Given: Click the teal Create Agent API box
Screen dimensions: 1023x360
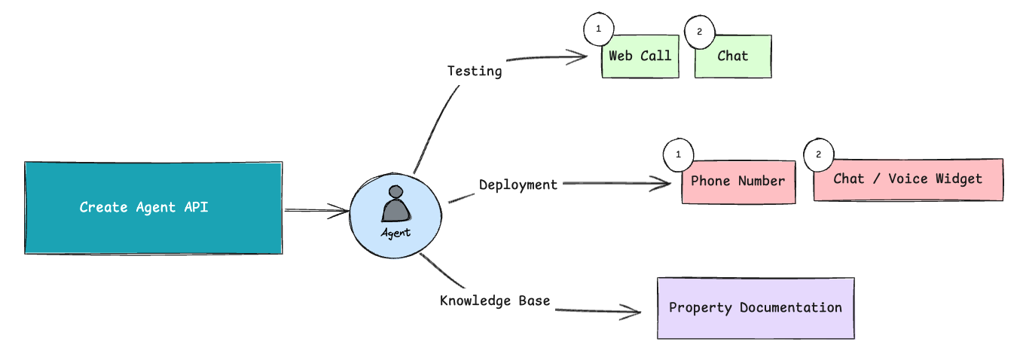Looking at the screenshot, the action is (x=154, y=208).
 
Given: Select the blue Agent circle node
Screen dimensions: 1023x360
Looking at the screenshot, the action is (x=395, y=215).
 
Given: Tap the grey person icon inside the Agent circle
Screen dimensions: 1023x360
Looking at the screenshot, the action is (x=396, y=204).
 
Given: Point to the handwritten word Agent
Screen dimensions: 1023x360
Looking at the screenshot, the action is (x=396, y=233).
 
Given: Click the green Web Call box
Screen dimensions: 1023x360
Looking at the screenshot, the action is (x=640, y=56).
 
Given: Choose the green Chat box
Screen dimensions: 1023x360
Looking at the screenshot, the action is (x=733, y=56).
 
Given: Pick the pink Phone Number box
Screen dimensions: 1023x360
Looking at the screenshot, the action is (x=738, y=182).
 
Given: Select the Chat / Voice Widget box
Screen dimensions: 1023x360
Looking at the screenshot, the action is (x=908, y=179).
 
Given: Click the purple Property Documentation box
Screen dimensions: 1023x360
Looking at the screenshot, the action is (x=756, y=308).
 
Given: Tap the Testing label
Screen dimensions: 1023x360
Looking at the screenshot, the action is (x=475, y=72).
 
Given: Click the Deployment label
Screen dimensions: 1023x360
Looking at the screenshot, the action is (x=518, y=185).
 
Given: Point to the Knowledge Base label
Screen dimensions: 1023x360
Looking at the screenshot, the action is (x=495, y=301).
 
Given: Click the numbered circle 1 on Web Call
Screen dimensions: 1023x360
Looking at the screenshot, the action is (x=599, y=29).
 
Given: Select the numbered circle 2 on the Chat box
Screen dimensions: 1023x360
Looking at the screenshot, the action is (x=700, y=32).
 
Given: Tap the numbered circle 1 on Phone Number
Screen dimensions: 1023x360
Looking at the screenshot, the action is (x=679, y=155).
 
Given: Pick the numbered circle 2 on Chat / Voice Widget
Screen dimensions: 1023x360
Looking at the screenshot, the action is (x=819, y=155).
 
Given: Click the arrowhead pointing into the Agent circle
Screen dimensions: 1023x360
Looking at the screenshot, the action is (x=341, y=211).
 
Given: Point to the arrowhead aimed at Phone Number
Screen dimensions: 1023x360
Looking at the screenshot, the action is (x=662, y=184).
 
